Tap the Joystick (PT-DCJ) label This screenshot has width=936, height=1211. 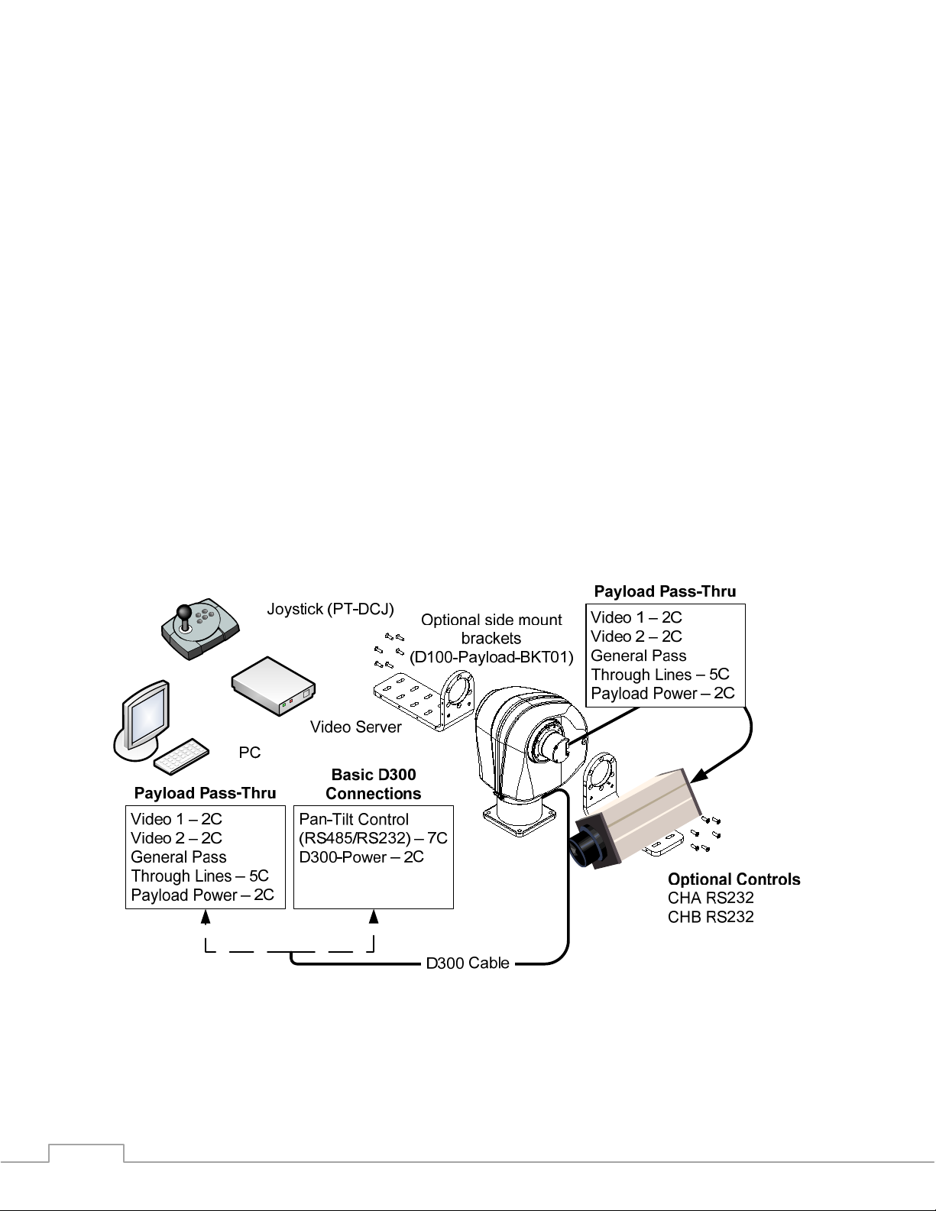click(330, 609)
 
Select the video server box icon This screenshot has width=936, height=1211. click(274, 685)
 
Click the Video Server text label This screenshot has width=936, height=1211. click(355, 727)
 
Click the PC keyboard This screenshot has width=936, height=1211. click(181, 755)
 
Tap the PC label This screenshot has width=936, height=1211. click(249, 753)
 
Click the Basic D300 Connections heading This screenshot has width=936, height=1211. click(373, 784)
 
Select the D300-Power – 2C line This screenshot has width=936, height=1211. click(361, 856)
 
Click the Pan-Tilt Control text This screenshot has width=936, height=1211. click(354, 819)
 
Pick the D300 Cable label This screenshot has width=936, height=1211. click(467, 963)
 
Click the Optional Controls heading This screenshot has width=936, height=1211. click(734, 879)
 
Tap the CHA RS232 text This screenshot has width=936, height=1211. click(710, 898)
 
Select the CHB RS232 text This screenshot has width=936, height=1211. click(710, 917)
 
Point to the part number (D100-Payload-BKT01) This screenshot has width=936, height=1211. click(491, 656)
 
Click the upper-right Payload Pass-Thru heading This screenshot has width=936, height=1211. click(665, 591)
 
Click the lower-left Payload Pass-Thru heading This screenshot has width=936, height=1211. click(205, 793)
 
